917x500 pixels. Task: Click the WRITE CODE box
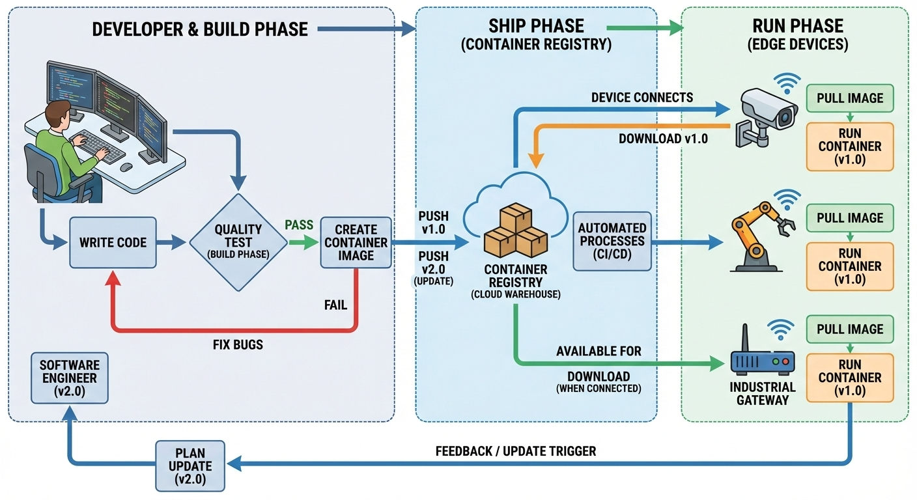[x=113, y=242]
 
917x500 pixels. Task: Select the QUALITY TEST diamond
[x=238, y=242]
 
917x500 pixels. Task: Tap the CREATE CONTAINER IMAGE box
[x=356, y=242]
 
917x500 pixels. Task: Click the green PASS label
[x=299, y=225]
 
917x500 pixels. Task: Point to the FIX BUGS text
[x=238, y=344]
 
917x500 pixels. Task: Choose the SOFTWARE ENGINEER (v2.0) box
[x=68, y=378]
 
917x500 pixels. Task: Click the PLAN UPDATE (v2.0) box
[x=190, y=465]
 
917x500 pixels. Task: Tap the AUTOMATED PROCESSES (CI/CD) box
[x=612, y=242]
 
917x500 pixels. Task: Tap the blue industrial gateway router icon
[x=763, y=361]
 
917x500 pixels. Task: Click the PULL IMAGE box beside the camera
[x=850, y=98]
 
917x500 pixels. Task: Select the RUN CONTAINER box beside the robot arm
[x=850, y=266]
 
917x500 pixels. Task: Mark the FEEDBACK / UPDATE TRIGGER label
[x=515, y=451]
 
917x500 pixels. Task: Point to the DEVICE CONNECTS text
[x=642, y=98]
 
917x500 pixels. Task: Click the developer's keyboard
[x=98, y=146]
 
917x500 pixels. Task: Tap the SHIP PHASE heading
[x=536, y=26]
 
